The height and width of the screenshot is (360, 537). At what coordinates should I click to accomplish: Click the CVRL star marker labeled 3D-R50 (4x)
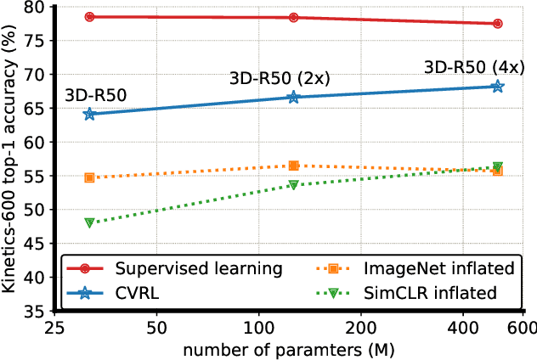click(x=497, y=86)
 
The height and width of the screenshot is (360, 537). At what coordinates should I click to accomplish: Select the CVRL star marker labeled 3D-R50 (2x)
click(x=293, y=97)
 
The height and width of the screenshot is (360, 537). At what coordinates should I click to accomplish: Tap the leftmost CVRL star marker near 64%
click(x=89, y=114)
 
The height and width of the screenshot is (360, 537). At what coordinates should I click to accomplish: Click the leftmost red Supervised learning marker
click(x=89, y=17)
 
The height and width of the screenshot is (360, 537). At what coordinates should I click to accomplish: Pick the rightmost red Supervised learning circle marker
click(x=497, y=24)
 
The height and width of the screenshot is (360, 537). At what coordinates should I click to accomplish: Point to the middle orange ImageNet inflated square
click(x=293, y=166)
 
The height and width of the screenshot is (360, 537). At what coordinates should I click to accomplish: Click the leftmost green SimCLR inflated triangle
click(x=89, y=222)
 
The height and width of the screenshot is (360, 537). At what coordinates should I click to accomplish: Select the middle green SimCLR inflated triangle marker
click(x=293, y=184)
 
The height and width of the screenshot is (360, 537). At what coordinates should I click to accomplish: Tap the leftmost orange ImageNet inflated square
click(x=89, y=177)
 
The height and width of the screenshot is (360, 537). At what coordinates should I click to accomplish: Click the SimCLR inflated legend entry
click(x=432, y=293)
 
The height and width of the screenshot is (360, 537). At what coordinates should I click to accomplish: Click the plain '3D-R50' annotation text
click(x=95, y=96)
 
